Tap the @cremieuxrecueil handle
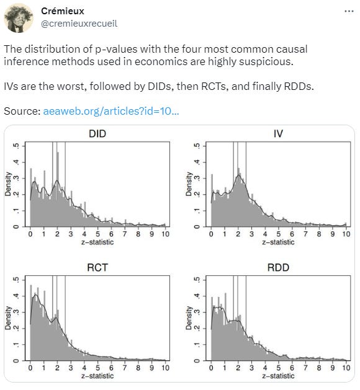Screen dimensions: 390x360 click(79, 24)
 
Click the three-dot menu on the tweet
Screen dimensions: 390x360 click(348, 12)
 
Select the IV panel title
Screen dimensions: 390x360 click(278, 134)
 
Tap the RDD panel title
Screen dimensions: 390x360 click(278, 268)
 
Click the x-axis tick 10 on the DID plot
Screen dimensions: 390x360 click(164, 234)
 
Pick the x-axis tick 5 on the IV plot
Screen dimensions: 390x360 click(279, 234)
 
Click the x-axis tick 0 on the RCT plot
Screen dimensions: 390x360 click(30, 368)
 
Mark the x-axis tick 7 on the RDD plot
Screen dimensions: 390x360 click(305, 368)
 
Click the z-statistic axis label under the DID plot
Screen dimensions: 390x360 click(97, 242)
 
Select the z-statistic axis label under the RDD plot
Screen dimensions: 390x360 click(278, 376)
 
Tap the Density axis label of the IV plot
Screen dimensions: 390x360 click(189, 184)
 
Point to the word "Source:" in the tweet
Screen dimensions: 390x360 click(22, 112)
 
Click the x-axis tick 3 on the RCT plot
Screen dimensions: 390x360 click(71, 368)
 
